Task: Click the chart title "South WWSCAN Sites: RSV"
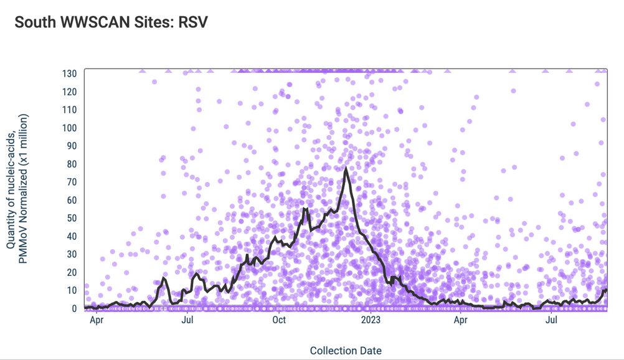click(111, 22)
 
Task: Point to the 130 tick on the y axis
click(69, 73)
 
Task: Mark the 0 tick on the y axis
click(74, 308)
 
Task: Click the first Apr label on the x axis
click(97, 321)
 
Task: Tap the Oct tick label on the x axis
click(278, 321)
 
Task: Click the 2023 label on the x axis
click(370, 321)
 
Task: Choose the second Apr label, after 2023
click(460, 321)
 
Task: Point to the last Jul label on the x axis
click(551, 321)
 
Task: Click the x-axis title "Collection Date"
click(346, 351)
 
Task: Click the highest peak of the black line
click(346, 168)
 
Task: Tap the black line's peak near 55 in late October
click(305, 209)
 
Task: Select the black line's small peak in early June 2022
click(164, 278)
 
